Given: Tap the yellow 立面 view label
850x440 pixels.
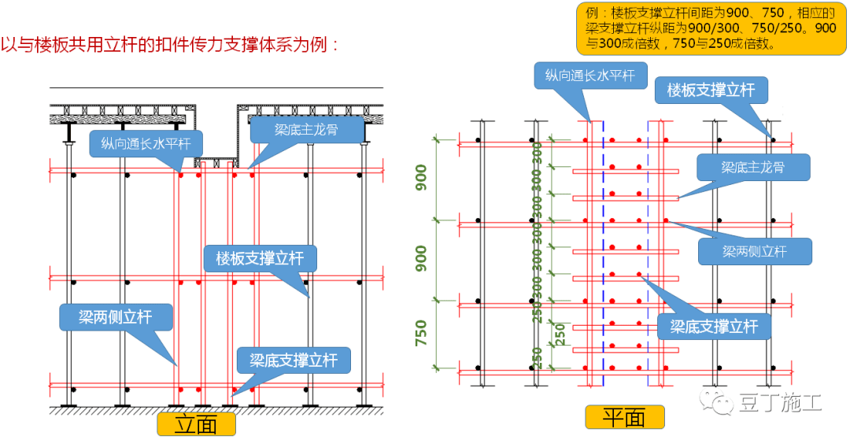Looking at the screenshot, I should coord(196,424).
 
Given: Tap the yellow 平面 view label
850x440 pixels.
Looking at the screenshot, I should coord(624,417).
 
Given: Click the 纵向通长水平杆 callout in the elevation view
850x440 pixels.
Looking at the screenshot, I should coord(146,143).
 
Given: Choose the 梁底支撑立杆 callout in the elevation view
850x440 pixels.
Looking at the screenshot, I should coord(294,360).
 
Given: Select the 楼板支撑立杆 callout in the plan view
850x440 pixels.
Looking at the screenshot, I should coord(711,90).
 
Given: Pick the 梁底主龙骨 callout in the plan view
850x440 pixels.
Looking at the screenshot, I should coord(752,168).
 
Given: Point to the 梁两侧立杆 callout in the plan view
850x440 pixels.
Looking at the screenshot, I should coord(754,251).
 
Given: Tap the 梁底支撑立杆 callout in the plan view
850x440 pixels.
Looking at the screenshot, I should coord(714,325).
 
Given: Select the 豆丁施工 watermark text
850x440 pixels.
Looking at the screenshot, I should coord(779,404).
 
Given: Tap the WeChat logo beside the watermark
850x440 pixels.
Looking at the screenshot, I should coord(719,403).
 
